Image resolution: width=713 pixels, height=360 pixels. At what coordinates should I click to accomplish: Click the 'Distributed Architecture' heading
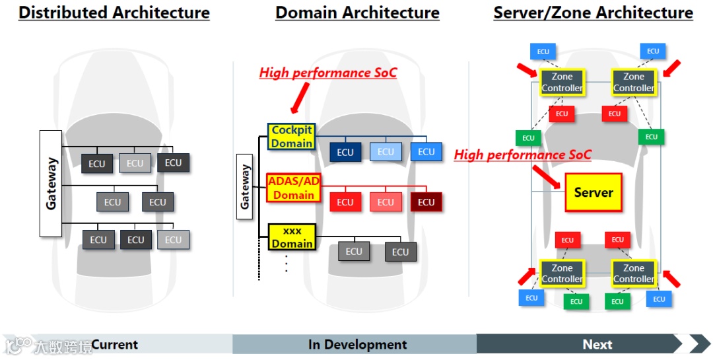pos(114,13)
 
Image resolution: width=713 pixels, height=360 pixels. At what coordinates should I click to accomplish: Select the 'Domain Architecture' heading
pos(357,13)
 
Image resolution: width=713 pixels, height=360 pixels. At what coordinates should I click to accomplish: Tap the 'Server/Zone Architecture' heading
pos(593,13)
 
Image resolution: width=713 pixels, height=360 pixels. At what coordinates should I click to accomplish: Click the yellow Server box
pos(594,192)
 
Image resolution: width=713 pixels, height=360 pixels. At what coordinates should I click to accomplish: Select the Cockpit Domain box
pos(291,137)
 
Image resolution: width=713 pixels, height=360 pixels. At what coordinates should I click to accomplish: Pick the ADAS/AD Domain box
pos(293,187)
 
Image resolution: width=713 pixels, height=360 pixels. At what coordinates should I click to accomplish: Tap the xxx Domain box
pos(292,237)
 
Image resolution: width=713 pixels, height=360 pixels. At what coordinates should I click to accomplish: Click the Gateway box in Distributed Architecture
pos(51,183)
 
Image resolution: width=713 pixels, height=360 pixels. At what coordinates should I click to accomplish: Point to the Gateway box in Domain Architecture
pos(246,186)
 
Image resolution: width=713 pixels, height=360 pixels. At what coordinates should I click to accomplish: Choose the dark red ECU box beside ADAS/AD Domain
pos(426,202)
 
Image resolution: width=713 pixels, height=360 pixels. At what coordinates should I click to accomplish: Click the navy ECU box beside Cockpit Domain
pos(345,152)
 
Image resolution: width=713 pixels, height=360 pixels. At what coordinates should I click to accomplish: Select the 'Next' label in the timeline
pos(597,344)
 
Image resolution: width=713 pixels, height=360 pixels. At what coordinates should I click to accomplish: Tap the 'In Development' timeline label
pos(357,344)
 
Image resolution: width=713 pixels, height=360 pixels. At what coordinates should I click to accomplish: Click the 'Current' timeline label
pos(115,344)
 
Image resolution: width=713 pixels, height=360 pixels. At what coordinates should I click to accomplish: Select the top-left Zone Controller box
pos(562,83)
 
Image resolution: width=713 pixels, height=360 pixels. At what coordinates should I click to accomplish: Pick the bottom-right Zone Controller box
pos(633,273)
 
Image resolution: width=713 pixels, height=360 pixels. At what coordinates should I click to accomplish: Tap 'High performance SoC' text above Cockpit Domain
pos(328,73)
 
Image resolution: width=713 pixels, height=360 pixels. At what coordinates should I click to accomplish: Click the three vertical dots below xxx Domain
pos(287,264)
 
